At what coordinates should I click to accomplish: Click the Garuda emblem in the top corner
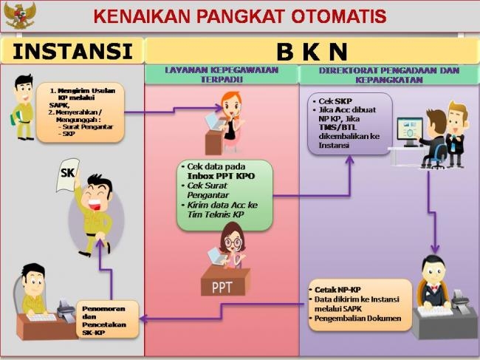(20, 15)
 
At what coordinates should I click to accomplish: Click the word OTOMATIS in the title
(338, 16)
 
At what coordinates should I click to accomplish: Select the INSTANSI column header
(72, 51)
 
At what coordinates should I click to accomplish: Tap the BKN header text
(312, 52)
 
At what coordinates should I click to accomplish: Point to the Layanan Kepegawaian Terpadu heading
(222, 75)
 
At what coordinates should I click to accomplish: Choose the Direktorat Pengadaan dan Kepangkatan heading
(389, 75)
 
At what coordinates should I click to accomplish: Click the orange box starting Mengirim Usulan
(80, 112)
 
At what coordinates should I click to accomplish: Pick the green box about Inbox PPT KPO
(224, 195)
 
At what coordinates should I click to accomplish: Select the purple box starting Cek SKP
(350, 123)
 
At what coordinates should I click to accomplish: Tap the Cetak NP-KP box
(360, 305)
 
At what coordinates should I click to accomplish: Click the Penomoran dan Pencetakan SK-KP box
(107, 319)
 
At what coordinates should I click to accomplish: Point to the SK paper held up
(68, 174)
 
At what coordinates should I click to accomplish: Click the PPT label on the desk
(222, 288)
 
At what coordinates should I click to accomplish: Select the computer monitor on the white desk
(410, 132)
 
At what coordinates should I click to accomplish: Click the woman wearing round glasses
(233, 246)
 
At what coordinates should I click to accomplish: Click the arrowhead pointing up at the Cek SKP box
(349, 160)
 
